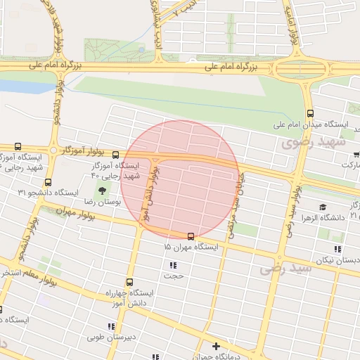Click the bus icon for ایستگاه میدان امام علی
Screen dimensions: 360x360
tap(310, 113)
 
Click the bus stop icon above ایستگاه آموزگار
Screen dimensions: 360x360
tap(115, 154)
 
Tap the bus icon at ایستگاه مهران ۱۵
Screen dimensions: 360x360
tap(191, 236)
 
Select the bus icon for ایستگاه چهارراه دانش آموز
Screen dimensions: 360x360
tap(129, 282)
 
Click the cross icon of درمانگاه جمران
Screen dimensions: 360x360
tap(217, 346)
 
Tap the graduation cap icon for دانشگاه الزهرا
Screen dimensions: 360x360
tap(322, 207)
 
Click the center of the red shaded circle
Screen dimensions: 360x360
tap(180, 179)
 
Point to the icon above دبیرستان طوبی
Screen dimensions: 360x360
tap(110, 326)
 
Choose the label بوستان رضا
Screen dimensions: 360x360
tap(104, 201)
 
